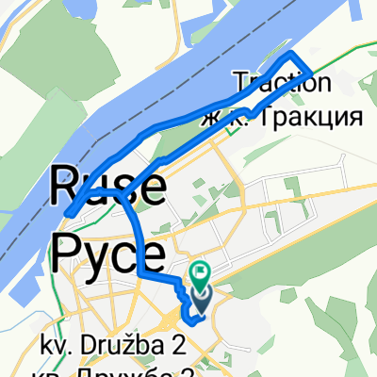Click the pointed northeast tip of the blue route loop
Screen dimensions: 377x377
point(312,70)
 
